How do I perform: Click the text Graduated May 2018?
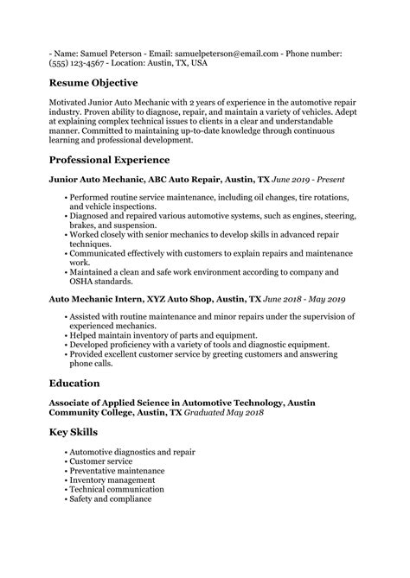(x=221, y=412)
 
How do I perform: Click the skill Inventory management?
(x=112, y=480)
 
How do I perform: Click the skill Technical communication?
(x=116, y=489)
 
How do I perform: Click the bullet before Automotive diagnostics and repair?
(x=66, y=451)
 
